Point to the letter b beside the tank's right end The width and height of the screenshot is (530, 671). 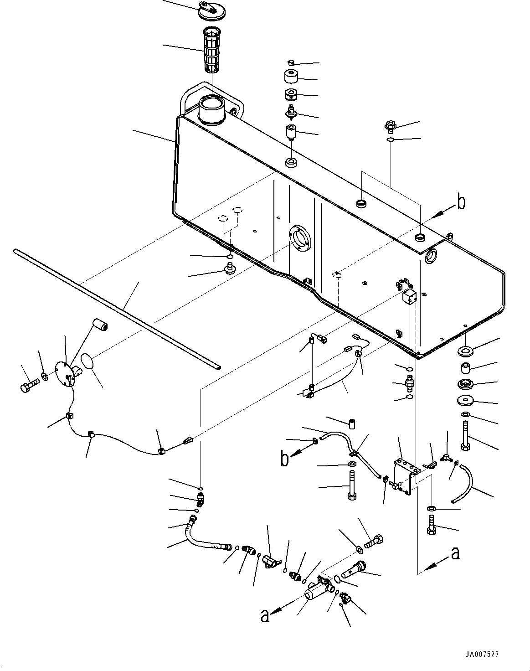coord(461,202)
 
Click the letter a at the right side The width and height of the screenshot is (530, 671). coord(454,553)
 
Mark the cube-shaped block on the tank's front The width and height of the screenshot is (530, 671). coord(409,297)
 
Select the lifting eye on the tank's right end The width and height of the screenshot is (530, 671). coord(450,236)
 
